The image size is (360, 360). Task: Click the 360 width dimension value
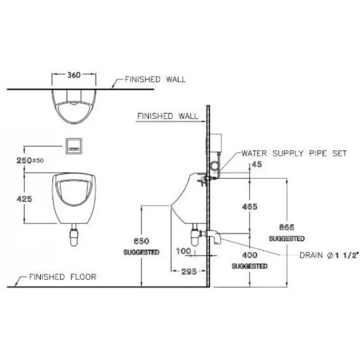coord(74,75)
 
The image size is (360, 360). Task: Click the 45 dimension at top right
coord(257,165)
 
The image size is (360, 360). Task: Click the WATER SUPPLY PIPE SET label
coord(294,153)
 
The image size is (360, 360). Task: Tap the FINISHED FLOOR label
coord(63,277)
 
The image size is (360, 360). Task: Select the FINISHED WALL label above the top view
coord(155,80)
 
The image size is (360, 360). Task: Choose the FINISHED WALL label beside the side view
coord(167,116)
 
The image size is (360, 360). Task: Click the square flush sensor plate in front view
coord(74,145)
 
